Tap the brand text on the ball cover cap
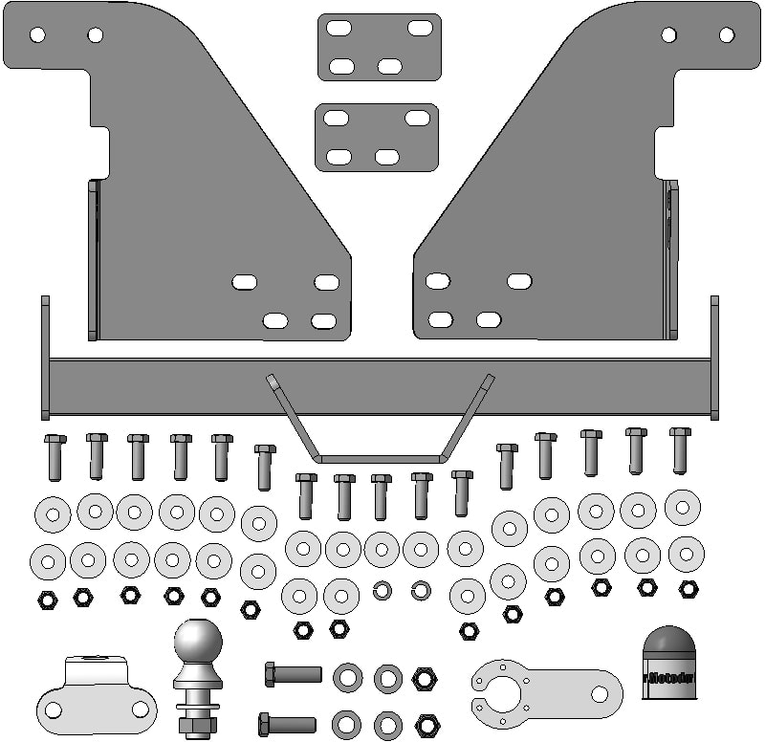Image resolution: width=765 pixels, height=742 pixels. [x=671, y=678]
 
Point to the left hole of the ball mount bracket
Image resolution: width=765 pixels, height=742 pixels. [x=54, y=710]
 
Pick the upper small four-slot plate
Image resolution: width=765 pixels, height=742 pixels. [x=380, y=47]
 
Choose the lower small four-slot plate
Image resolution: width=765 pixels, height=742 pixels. [x=377, y=138]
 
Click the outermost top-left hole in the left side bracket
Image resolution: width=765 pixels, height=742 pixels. [x=37, y=35]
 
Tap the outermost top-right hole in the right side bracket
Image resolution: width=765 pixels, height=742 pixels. [x=727, y=35]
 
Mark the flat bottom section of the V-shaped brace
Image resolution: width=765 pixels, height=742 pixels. [x=380, y=459]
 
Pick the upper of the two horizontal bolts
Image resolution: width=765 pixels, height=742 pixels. [x=293, y=675]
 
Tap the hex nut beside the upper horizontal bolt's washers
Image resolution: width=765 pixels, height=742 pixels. [x=424, y=679]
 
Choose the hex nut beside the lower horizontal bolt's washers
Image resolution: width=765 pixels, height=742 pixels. [x=426, y=726]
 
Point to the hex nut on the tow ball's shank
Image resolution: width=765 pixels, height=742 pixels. [x=197, y=727]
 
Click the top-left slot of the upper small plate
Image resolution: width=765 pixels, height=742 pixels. [x=337, y=28]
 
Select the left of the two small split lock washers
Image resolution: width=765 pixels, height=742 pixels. [x=382, y=590]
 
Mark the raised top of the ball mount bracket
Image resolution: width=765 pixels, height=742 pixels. [x=96, y=663]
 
